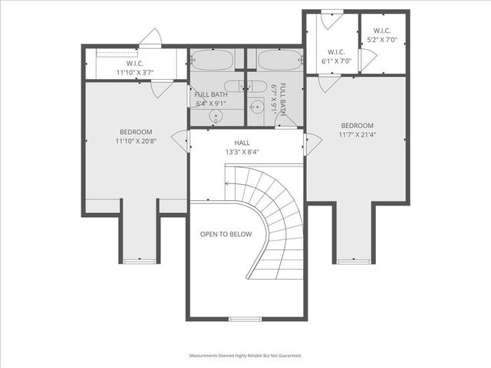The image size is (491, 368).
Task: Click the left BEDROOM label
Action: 135,132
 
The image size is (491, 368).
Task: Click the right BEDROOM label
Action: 357,126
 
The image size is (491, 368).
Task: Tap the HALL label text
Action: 242,143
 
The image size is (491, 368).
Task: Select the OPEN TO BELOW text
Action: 226,234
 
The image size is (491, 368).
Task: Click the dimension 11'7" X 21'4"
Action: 357,135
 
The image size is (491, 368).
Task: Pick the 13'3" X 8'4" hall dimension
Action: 242,152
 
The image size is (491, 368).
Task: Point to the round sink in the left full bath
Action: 216,117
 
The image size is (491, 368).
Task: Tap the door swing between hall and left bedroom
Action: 181,140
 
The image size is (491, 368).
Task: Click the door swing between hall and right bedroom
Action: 312,143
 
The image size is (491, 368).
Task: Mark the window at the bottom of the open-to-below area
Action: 245,318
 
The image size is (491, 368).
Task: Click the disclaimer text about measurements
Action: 245,356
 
